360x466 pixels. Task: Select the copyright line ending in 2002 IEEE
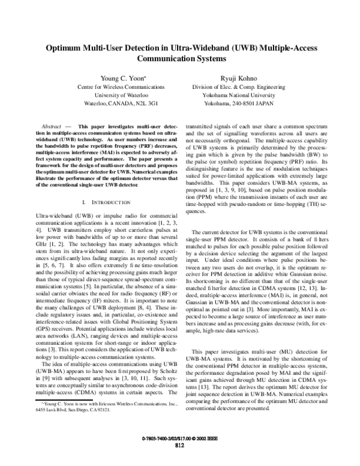[179, 439]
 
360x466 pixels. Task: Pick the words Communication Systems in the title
[181, 59]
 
